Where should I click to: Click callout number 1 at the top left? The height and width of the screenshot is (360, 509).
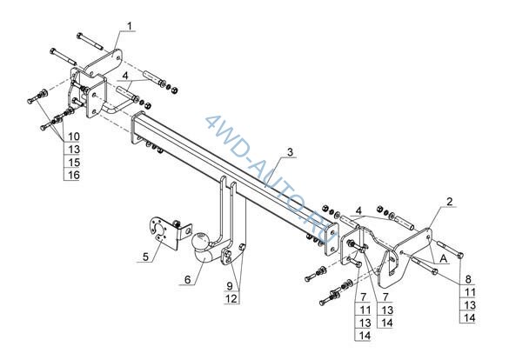pos(130,26)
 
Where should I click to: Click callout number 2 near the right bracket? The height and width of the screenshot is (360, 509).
pos(449,202)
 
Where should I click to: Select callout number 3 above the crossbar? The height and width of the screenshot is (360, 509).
pos(290,152)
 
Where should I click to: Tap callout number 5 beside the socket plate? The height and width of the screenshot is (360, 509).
pos(145,257)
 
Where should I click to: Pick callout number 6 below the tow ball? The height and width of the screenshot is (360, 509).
pos(188,279)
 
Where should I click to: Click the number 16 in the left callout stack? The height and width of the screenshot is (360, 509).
pos(74,175)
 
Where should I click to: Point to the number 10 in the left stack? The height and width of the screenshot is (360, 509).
pos(74,137)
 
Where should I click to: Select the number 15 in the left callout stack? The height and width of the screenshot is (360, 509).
pos(74,162)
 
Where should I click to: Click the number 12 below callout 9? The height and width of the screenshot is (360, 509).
pos(231,299)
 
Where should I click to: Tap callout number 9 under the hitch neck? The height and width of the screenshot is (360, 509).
pos(230,286)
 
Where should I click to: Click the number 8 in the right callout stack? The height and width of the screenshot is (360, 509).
pos(468,279)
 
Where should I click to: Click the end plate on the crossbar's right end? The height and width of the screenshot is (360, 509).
pos(331,238)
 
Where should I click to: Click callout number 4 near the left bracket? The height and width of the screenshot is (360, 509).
pos(125,76)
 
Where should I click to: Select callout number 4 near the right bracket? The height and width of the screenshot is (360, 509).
pos(358,210)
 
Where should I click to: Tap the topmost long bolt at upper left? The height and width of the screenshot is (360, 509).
pos(90,41)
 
